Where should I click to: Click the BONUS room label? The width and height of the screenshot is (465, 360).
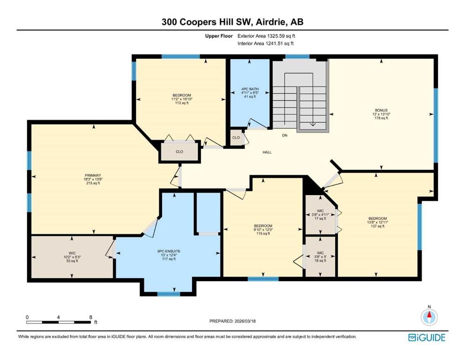[x=381, y=110]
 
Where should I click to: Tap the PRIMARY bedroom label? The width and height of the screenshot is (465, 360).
[x=93, y=175]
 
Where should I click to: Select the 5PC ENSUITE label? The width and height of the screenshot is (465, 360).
[x=169, y=251]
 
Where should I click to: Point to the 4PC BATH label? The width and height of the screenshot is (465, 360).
[x=250, y=89]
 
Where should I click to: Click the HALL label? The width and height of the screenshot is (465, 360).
[x=267, y=152]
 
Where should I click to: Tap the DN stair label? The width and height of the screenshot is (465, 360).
[x=285, y=135]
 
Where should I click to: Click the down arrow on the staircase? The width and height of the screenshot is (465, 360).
[x=312, y=124]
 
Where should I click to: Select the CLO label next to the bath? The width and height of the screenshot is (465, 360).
[x=236, y=137]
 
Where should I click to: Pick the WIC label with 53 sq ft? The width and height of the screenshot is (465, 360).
[x=72, y=253]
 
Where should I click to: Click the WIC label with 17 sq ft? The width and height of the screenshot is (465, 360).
[x=320, y=211]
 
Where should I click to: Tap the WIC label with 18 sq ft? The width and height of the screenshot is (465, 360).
[x=320, y=253]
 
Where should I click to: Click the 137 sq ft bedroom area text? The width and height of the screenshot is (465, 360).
[x=377, y=226]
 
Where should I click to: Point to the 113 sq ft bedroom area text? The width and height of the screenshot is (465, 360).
[x=182, y=103]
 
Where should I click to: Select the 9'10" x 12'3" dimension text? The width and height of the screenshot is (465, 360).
[x=263, y=230]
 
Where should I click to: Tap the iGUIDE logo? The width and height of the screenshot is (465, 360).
[x=427, y=337]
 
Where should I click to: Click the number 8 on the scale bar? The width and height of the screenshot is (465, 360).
[x=91, y=317]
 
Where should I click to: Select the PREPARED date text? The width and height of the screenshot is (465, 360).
[x=232, y=321]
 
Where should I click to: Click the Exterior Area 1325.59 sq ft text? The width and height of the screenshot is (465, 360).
[x=266, y=36]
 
